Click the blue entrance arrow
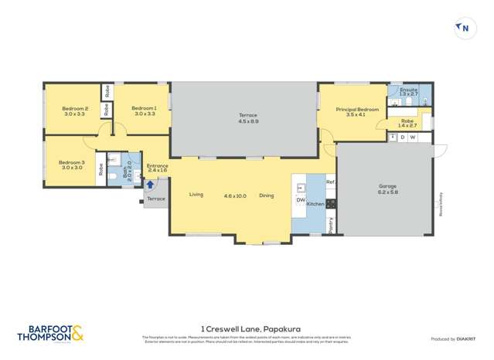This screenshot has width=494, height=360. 150,185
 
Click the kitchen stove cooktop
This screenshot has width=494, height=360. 331,204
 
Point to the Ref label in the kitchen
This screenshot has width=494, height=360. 330,182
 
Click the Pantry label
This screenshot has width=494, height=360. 330,224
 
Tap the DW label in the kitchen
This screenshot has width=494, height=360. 301,200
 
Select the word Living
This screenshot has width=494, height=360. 196,195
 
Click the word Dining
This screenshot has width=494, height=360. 266,195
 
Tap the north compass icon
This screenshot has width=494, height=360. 464,29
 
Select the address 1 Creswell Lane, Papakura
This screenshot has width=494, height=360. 247,327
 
